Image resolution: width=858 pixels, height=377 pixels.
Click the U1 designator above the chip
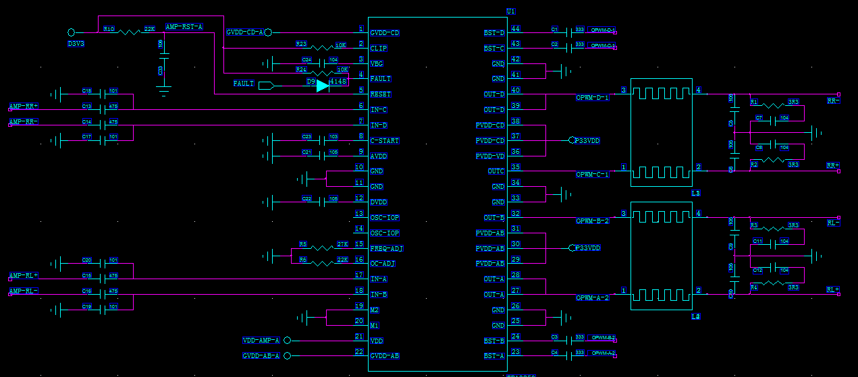(x=510, y=12)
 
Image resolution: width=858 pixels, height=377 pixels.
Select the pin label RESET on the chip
(x=380, y=94)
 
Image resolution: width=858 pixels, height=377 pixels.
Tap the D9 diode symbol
(x=323, y=86)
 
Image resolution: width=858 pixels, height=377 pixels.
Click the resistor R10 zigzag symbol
(x=128, y=32)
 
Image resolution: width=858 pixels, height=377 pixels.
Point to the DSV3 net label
(x=76, y=43)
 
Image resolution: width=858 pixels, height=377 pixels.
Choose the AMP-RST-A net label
(x=184, y=26)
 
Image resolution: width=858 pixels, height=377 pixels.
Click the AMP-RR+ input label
(x=24, y=106)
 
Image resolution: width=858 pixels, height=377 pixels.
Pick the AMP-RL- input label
(x=24, y=291)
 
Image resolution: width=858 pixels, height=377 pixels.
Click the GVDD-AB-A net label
(x=261, y=356)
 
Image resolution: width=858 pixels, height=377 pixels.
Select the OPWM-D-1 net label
(x=592, y=98)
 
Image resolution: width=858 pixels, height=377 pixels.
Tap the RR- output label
(x=833, y=100)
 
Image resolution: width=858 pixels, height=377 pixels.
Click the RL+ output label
(x=833, y=289)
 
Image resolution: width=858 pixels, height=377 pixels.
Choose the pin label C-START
(x=384, y=141)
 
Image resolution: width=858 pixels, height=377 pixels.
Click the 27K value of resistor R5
(x=342, y=244)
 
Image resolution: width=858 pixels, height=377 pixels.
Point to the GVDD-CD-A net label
(x=244, y=32)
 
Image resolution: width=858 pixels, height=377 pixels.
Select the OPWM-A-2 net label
(x=592, y=297)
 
